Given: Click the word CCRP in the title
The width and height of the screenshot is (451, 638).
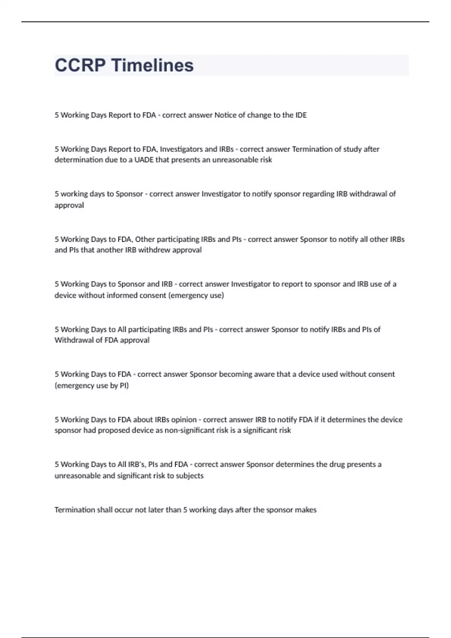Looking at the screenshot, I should [x=80, y=65].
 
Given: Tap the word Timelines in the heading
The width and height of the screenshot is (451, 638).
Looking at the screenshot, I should [x=153, y=65].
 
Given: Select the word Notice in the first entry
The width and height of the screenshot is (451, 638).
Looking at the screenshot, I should [x=224, y=115].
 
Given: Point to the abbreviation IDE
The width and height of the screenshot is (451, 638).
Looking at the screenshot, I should [x=301, y=115].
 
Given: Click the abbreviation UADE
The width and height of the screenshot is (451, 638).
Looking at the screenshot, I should [x=144, y=160].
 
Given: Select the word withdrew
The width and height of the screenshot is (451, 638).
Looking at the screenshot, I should [x=154, y=250].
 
